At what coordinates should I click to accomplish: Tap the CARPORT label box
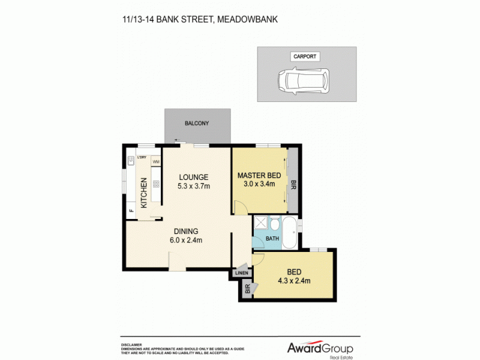point(304,56)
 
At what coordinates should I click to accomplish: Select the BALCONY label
point(197,124)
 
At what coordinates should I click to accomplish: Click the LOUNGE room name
point(193,177)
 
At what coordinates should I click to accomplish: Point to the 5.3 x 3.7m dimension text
point(193,186)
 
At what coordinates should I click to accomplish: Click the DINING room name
point(187,232)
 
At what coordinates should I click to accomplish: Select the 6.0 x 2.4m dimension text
point(187,241)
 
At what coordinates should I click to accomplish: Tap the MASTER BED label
point(259,175)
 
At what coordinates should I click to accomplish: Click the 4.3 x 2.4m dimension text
point(294,280)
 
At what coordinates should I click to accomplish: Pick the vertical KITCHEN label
point(145,193)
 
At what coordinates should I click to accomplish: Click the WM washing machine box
point(155,161)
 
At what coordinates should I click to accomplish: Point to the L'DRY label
point(142,157)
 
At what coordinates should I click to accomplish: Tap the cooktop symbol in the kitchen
point(155,185)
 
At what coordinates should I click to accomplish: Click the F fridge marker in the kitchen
point(131,211)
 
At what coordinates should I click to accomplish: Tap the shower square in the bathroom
point(260,223)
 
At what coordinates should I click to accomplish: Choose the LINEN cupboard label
point(241,274)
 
